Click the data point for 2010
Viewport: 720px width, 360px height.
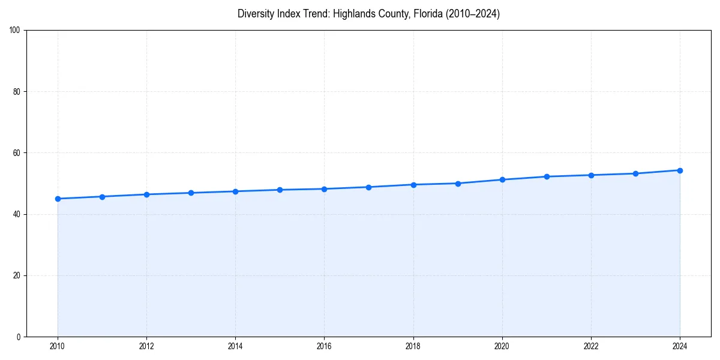tap(58, 199)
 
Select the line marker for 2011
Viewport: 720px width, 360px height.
tap(102, 197)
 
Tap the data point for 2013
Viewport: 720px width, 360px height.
tap(191, 193)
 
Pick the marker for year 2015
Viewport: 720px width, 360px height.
tap(280, 190)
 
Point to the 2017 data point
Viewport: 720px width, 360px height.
tap(368, 187)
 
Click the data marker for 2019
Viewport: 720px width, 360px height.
tap(458, 184)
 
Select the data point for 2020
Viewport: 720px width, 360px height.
tap(502, 179)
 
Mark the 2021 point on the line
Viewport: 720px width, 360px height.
tap(547, 176)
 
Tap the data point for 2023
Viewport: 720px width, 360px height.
tap(635, 173)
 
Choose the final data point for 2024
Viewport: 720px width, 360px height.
tap(680, 170)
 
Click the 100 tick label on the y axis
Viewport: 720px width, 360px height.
tap(15, 31)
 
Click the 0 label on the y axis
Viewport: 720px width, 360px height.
tap(19, 337)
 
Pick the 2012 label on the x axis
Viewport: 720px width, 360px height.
tap(146, 346)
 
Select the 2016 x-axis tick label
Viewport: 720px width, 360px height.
tap(324, 346)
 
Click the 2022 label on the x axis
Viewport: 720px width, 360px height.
tap(591, 346)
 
